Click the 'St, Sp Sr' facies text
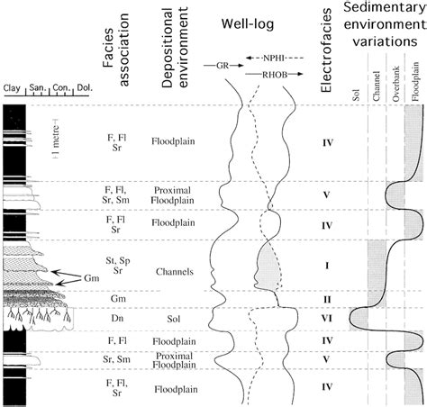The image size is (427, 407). pos(125,267)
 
